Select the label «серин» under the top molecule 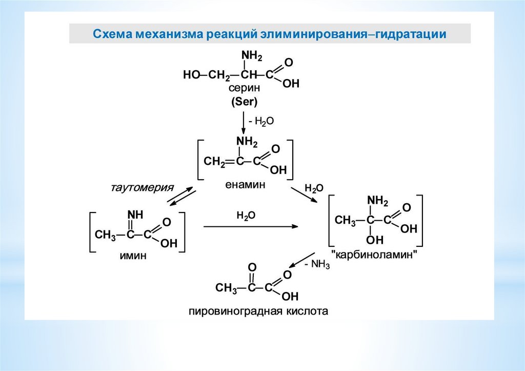click(244, 89)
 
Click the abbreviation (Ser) click(244, 102)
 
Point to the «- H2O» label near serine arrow click(261, 121)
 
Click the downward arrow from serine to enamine click(244, 123)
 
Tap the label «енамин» click(245, 185)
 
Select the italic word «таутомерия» click(143, 187)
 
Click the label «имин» click(133, 256)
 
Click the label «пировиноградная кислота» click(258, 311)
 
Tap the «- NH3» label click(317, 264)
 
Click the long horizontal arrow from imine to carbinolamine click(250, 227)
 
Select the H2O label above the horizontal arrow click(246, 216)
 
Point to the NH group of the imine click(135, 214)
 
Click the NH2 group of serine click(251, 55)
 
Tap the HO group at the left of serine click(192, 75)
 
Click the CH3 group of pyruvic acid click(226, 288)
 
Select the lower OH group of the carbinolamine click(374, 240)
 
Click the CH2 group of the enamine click(214, 162)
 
